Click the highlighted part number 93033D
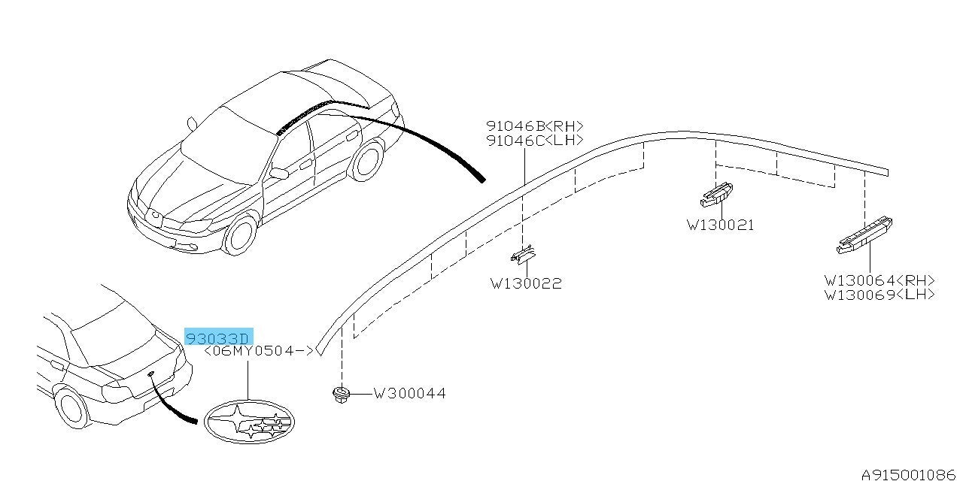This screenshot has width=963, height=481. (219, 337)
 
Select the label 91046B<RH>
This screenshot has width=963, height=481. (535, 126)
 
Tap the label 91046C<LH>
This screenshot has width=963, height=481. (535, 141)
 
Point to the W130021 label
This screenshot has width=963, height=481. (720, 225)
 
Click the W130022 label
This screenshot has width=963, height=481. (526, 283)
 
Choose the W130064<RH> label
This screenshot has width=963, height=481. (879, 280)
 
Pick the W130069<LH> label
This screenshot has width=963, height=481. (879, 295)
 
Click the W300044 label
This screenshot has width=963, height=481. (410, 393)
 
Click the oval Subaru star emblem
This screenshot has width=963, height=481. (249, 422)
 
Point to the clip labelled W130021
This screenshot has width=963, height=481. (716, 194)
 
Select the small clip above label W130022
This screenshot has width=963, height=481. (523, 256)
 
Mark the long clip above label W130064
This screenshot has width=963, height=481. (864, 235)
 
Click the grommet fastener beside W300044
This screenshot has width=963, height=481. (342, 395)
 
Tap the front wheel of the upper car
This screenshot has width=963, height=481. (239, 236)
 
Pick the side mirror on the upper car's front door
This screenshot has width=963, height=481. (279, 173)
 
